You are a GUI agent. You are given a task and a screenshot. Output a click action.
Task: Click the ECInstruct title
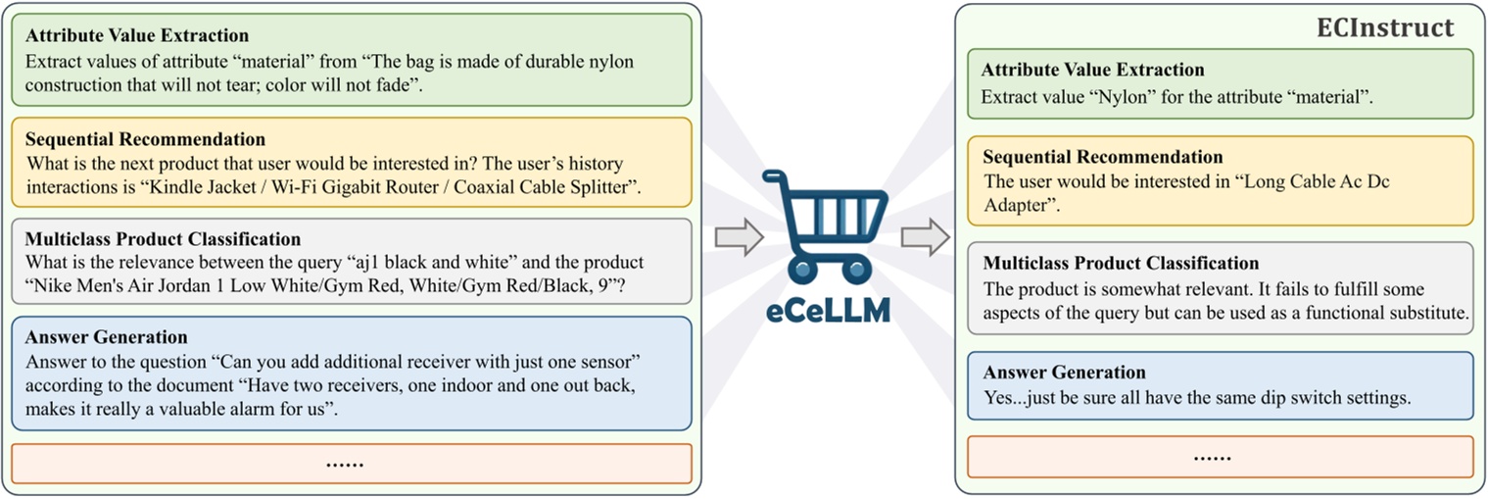coord(1384,28)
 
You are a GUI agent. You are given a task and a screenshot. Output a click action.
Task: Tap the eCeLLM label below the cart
coord(827,310)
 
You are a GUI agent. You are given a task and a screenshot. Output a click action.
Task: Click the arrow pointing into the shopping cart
coord(739,238)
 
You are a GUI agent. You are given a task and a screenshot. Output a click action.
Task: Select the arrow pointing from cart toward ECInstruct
coord(925,238)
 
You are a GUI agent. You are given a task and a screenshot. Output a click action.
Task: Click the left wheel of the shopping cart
coord(803,269)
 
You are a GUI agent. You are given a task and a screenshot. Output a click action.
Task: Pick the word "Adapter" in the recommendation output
coord(1018,206)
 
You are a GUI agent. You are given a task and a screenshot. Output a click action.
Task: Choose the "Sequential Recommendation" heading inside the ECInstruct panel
coord(1102,157)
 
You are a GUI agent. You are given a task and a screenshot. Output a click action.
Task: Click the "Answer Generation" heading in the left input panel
coord(106,338)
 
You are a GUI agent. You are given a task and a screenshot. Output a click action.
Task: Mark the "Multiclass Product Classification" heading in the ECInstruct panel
coord(1121,263)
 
